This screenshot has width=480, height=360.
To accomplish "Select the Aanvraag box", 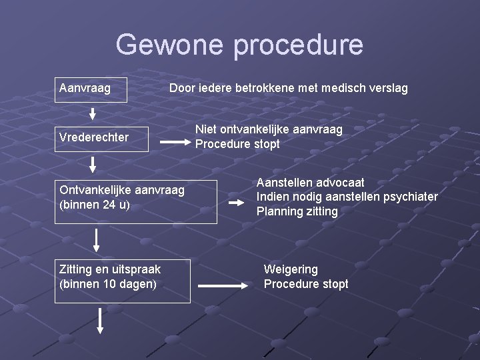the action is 91,88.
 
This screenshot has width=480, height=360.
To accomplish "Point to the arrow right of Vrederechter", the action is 175,142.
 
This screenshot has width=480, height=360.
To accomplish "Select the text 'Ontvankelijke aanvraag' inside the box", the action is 122,191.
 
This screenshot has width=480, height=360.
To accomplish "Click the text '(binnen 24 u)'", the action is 95,205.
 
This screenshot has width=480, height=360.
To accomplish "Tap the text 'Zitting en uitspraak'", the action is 110,269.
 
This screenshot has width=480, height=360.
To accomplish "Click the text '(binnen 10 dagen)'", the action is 108,284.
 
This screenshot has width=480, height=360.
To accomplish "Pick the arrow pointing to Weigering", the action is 223,285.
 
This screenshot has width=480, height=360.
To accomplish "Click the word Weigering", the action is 291,269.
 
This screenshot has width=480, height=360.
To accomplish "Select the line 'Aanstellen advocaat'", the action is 311,182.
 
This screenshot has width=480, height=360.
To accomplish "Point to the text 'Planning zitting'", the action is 297,211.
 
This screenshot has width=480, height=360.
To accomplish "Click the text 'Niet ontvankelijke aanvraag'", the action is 269,129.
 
